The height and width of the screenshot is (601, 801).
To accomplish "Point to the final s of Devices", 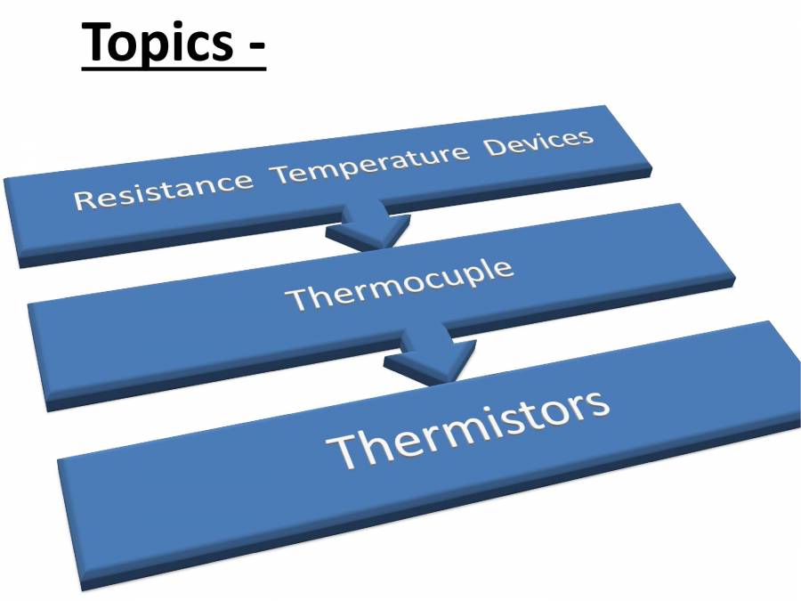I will [586, 137].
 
